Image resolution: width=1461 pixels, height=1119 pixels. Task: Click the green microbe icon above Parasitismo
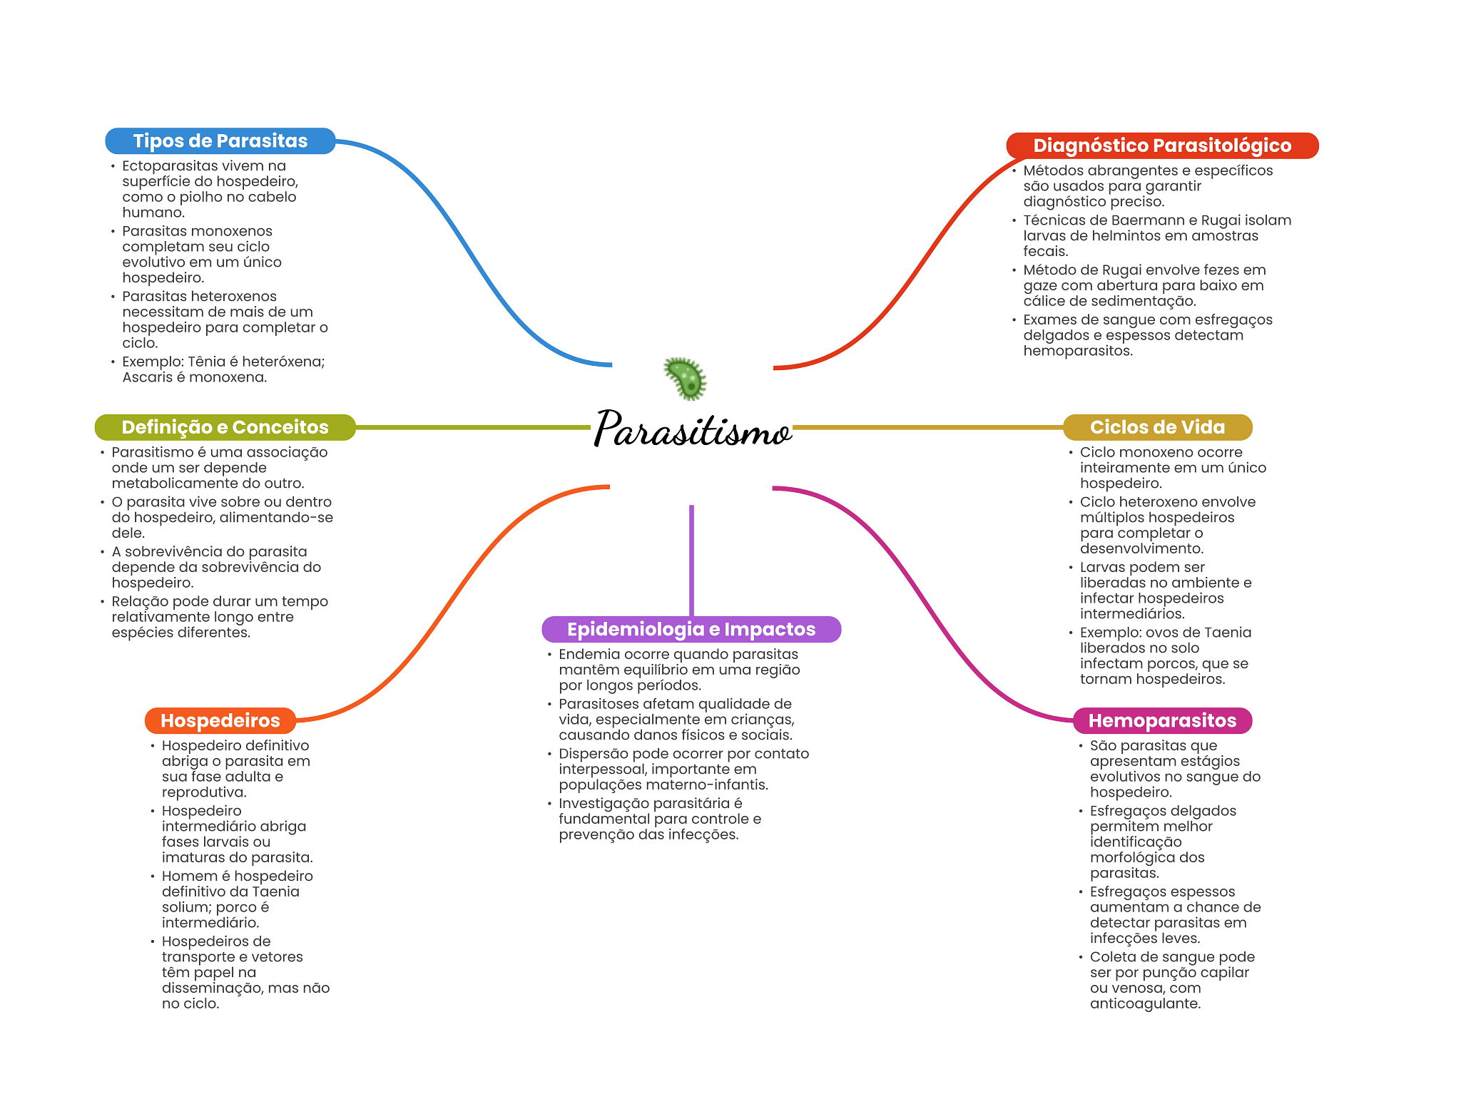coord(685,378)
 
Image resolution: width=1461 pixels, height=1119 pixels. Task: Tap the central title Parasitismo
coord(692,429)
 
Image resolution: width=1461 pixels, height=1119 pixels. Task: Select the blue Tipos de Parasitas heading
coord(220,140)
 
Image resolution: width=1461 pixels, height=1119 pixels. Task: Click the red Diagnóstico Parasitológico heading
coord(1162,145)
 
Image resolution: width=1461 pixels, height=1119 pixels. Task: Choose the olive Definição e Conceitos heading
coord(225,427)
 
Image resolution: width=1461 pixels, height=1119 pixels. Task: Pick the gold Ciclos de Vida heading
coord(1157,427)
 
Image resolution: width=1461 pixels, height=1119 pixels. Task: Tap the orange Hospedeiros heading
coord(220,720)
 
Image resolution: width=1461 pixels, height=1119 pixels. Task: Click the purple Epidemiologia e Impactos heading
coord(691,629)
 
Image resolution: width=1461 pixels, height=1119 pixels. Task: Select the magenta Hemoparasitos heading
coord(1162,720)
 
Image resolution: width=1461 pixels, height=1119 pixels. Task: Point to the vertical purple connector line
coord(691,561)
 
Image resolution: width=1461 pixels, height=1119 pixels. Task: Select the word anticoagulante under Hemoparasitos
coord(1145,1003)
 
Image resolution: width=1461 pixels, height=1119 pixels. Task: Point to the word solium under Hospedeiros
coord(186,907)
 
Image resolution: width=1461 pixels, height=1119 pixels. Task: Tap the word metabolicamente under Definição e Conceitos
coord(168,484)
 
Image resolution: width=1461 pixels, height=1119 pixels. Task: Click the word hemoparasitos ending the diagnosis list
coord(1078,351)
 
